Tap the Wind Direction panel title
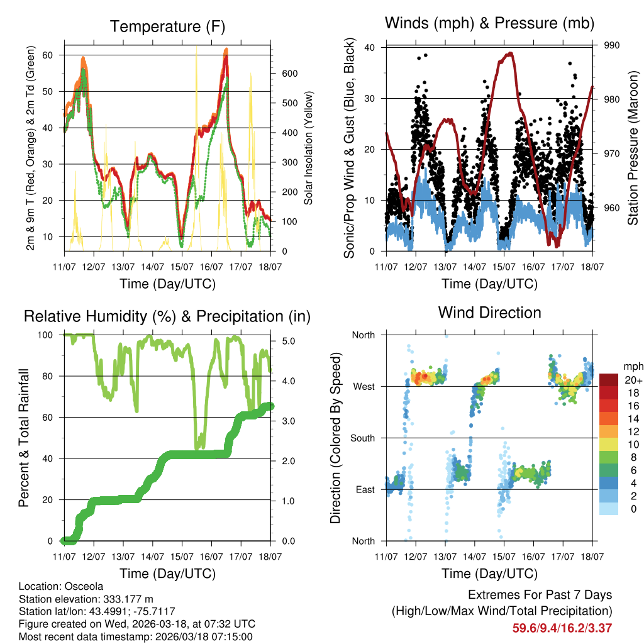point(489,313)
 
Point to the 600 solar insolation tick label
point(289,74)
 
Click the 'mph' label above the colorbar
point(614,365)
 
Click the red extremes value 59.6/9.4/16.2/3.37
point(562,628)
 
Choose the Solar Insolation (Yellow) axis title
point(308,148)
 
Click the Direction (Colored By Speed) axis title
point(336,438)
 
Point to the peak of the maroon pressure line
point(511,53)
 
